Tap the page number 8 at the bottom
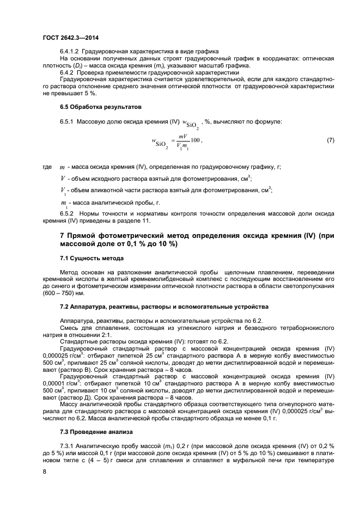[x=44, y=473]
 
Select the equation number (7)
[x=330, y=141]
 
